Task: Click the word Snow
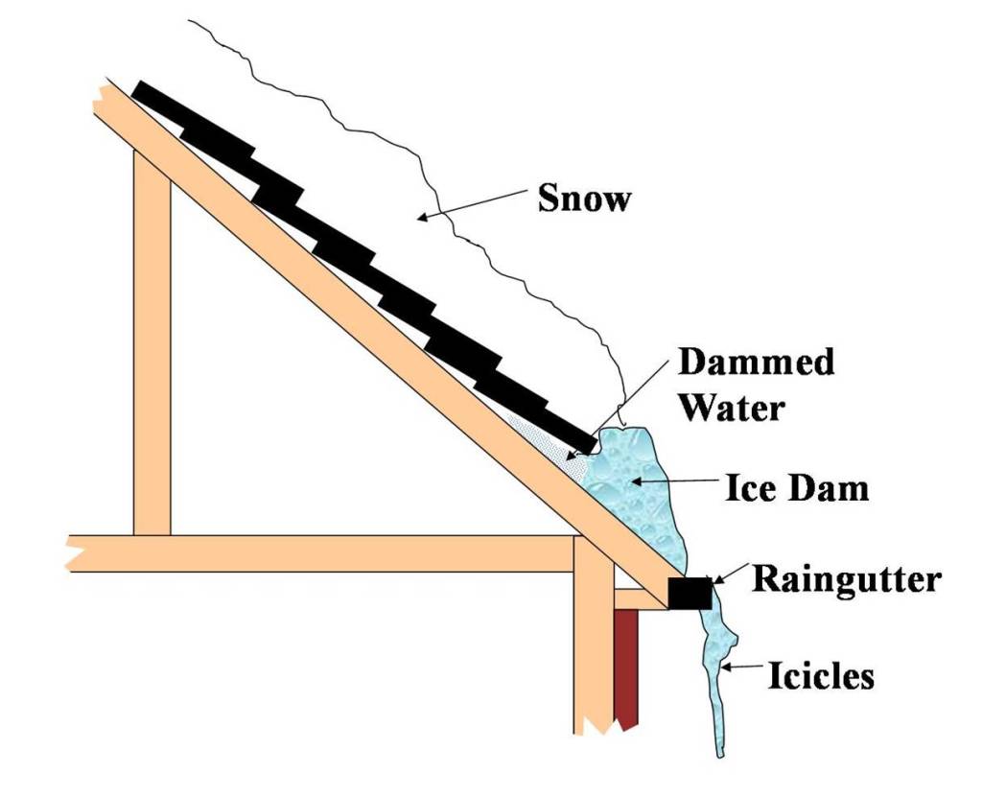coord(584,198)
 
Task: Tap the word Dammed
coord(756,363)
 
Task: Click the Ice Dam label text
coord(796,489)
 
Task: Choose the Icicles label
coord(821,676)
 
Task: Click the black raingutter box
coord(690,594)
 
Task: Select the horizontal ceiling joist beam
coord(316,553)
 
